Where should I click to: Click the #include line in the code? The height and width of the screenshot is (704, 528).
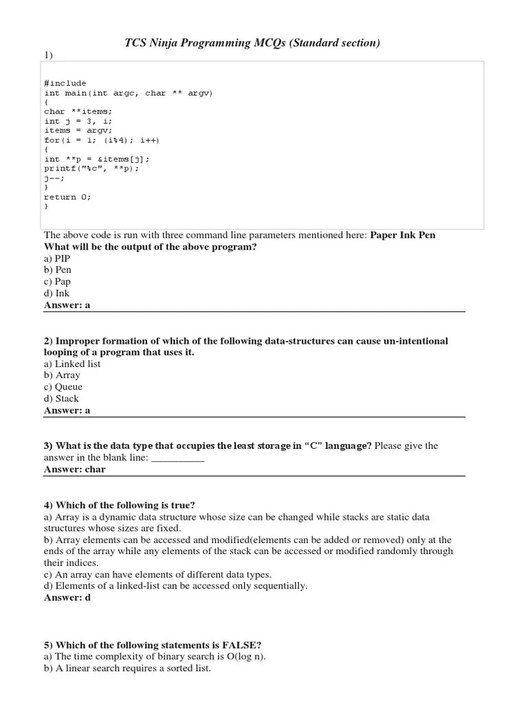[x=65, y=83]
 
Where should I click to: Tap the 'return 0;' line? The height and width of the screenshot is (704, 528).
[x=67, y=196]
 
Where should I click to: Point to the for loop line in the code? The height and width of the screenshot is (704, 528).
[x=101, y=140]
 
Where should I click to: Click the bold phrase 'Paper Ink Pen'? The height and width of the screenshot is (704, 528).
[x=403, y=235]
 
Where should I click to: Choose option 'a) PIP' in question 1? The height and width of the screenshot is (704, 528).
[x=57, y=258]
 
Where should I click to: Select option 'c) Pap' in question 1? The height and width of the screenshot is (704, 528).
[x=57, y=281]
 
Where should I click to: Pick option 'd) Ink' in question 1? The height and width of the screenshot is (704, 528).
[x=56, y=293]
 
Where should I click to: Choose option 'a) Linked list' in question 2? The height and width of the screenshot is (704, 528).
[x=72, y=364]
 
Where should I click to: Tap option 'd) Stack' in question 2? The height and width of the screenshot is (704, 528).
[x=61, y=399]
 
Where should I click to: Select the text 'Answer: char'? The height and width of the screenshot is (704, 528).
[x=75, y=470]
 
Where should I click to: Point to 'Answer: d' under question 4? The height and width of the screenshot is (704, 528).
[x=67, y=598]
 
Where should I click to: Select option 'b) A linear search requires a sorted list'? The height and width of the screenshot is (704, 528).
[x=127, y=668]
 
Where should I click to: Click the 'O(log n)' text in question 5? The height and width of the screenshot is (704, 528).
[x=243, y=657]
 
